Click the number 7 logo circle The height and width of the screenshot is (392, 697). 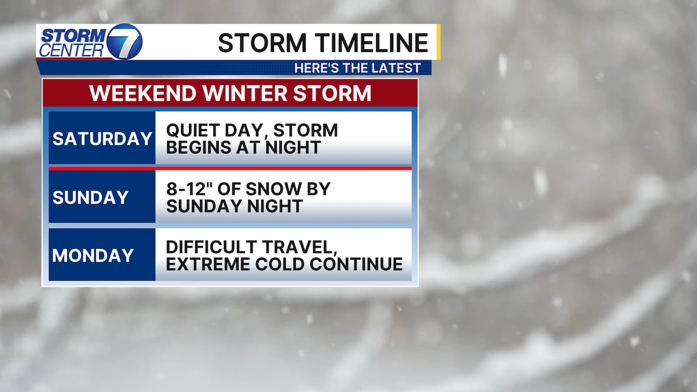124,42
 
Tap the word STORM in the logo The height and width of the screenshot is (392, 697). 74,36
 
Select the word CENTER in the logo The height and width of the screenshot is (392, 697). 71,50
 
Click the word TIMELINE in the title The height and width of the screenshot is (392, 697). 371,43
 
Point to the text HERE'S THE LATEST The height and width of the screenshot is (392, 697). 358,68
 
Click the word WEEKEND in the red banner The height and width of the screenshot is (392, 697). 143,93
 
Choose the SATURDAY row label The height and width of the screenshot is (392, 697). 102,138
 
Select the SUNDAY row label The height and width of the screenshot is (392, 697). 90,197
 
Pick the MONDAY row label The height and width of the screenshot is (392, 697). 93,256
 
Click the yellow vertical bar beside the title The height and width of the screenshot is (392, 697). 439,42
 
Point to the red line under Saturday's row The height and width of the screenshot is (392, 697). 230,168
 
